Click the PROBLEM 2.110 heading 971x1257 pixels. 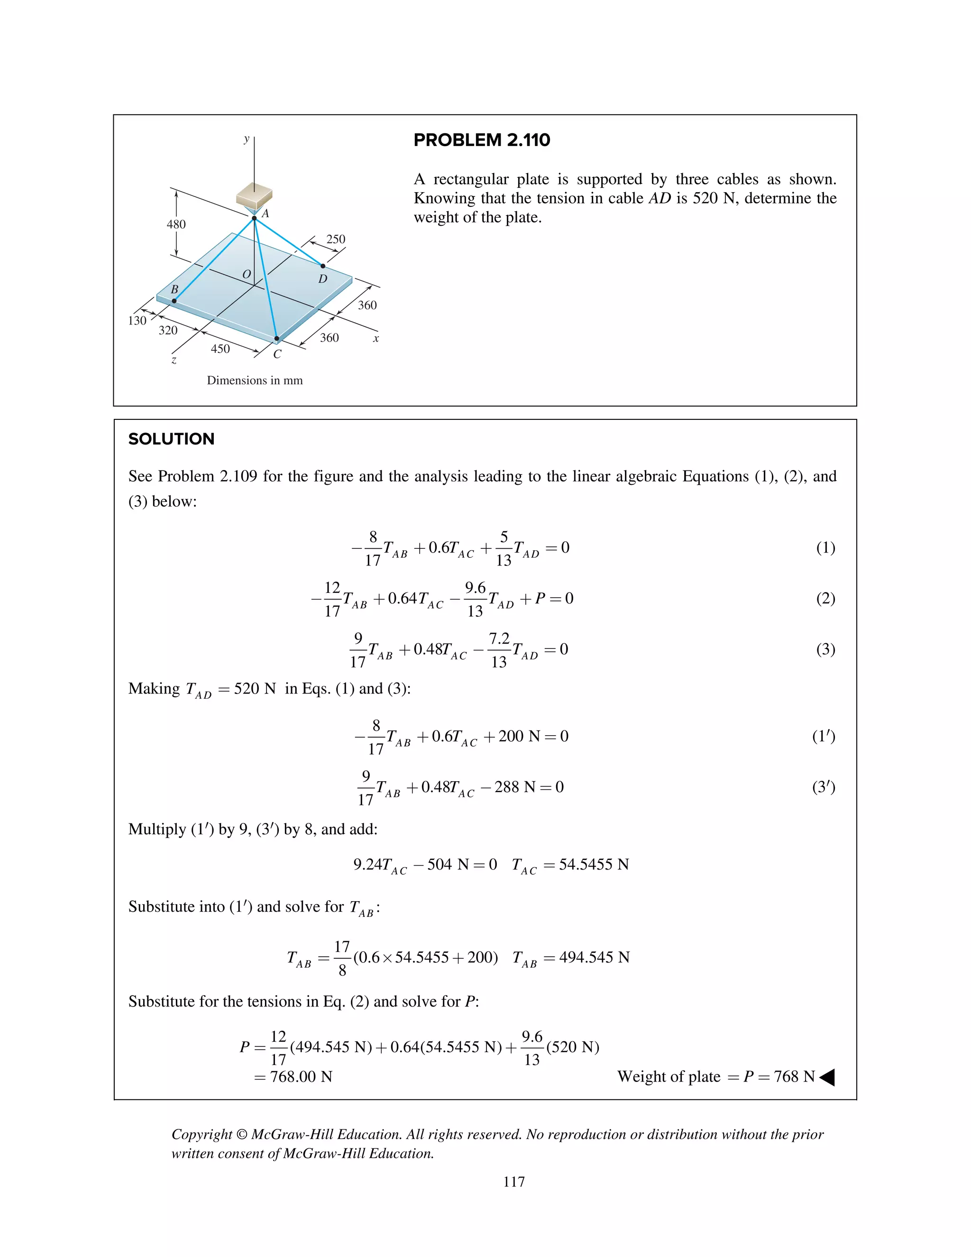[482, 140]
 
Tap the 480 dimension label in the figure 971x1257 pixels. [176, 224]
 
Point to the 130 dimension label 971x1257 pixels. [137, 321]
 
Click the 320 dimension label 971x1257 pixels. [168, 330]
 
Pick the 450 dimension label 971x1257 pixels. [220, 349]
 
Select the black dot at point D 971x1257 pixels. [323, 266]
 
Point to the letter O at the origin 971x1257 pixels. [246, 275]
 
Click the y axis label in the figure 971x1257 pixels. [247, 139]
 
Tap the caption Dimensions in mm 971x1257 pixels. [255, 380]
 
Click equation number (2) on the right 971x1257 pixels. [825, 599]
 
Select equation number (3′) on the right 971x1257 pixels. [823, 787]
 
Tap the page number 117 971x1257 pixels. [513, 1182]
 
